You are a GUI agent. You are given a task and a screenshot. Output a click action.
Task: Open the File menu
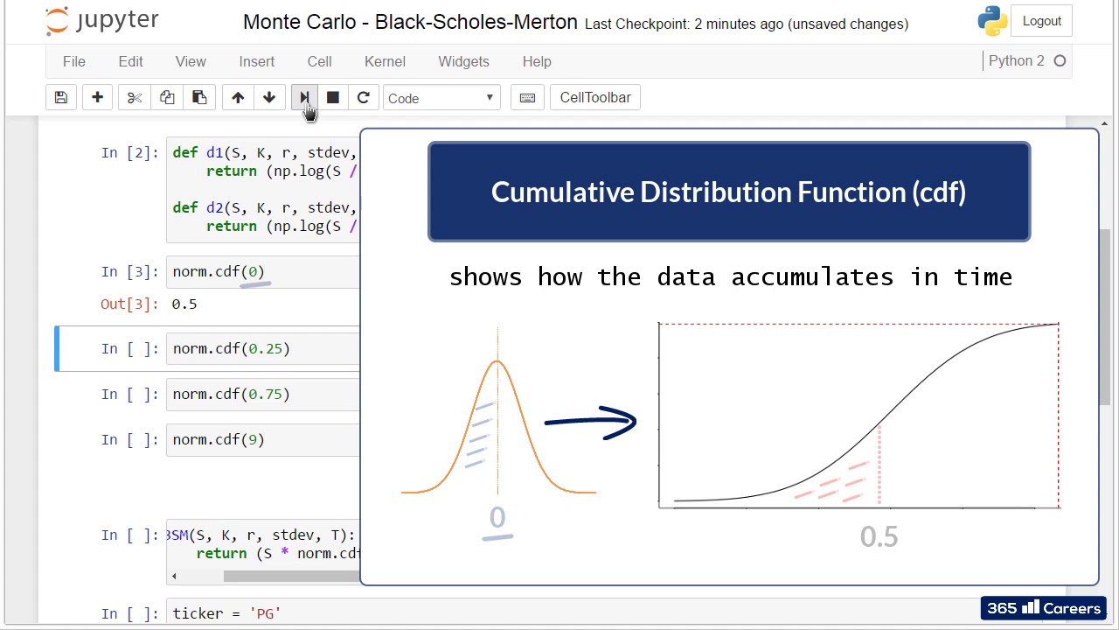(74, 61)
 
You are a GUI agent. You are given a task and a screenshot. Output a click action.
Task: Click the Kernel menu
(385, 61)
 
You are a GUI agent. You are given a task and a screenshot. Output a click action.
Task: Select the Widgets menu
(463, 61)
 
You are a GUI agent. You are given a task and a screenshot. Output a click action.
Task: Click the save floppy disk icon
(61, 98)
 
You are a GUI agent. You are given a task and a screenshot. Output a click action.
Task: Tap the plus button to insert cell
(97, 98)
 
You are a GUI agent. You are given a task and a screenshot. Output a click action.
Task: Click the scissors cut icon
(135, 98)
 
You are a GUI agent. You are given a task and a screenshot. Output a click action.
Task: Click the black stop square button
(333, 98)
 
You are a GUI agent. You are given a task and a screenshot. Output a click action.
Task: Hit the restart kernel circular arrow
(364, 98)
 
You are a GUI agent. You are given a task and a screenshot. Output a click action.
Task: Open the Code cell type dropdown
(441, 98)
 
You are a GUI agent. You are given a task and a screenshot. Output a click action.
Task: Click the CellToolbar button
(594, 98)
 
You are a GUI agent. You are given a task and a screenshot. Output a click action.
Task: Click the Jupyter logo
(102, 21)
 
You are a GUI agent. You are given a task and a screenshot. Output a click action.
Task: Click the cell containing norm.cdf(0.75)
(262, 395)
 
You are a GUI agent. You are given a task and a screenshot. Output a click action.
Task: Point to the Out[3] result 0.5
(184, 304)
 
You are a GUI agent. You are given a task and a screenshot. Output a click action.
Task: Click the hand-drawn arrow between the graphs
(591, 422)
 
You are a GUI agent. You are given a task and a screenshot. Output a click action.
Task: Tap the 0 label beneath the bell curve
(497, 518)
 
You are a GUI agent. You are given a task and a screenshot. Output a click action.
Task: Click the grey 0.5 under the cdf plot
(879, 536)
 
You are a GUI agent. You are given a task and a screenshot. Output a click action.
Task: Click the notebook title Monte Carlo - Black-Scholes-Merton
(410, 22)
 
